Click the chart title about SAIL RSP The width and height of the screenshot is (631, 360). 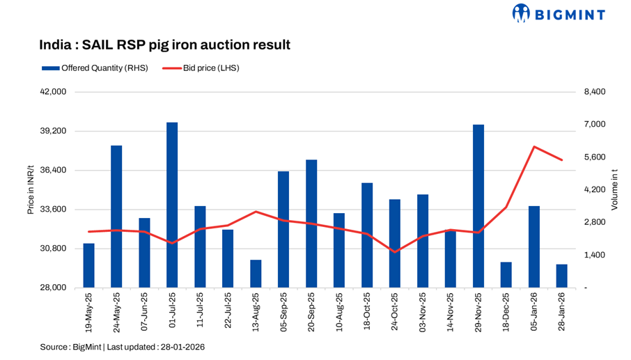tap(164, 45)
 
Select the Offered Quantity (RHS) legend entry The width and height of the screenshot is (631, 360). tap(95, 68)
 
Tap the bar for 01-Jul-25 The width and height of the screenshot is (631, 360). tap(172, 205)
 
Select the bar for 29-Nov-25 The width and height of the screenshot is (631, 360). tap(478, 206)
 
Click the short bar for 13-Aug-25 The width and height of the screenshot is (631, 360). tap(256, 274)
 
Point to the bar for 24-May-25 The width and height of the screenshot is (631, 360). tap(116, 217)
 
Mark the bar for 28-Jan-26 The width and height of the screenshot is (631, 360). tap(562, 276)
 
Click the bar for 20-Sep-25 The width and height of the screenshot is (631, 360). tap(311, 224)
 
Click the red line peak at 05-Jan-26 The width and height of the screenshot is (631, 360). tap(534, 147)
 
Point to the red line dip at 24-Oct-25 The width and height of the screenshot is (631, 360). tap(395, 251)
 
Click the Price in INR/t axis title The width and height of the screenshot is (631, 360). tap(31, 189)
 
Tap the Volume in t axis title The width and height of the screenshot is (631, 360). tap(614, 189)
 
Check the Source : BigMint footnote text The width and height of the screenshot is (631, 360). tap(122, 346)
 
